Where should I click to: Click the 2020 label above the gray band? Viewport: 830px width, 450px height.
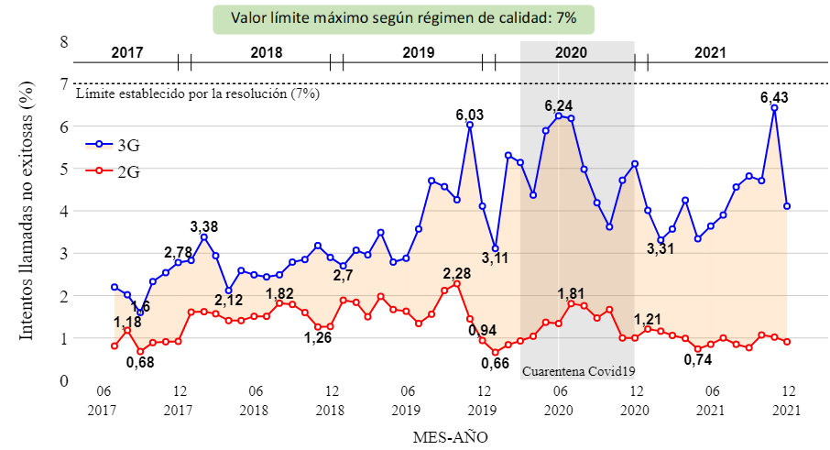tap(571, 52)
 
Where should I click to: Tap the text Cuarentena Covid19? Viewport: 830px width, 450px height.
tap(578, 372)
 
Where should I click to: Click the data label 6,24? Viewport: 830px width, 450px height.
tap(559, 105)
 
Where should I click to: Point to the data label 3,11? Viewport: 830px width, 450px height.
tap(495, 258)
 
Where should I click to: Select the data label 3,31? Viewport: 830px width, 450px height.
tap(661, 248)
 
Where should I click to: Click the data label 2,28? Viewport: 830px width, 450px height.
tap(457, 274)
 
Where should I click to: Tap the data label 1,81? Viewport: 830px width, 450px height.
tap(573, 293)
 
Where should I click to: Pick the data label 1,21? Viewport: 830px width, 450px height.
tap(649, 319)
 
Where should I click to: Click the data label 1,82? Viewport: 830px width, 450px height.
tap(279, 293)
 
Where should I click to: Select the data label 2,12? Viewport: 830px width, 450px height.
tap(229, 300)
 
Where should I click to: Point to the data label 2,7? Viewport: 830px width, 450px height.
tap(343, 275)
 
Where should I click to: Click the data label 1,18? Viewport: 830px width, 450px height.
tap(127, 322)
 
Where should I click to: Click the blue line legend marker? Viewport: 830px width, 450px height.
tap(99, 144)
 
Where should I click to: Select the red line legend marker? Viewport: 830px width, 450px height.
tap(99, 170)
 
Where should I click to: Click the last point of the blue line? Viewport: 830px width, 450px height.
tap(787, 206)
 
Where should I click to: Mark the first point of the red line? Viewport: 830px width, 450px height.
tap(115, 346)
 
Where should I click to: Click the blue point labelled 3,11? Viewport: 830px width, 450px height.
tap(495, 248)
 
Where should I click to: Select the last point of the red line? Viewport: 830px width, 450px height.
tap(787, 342)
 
